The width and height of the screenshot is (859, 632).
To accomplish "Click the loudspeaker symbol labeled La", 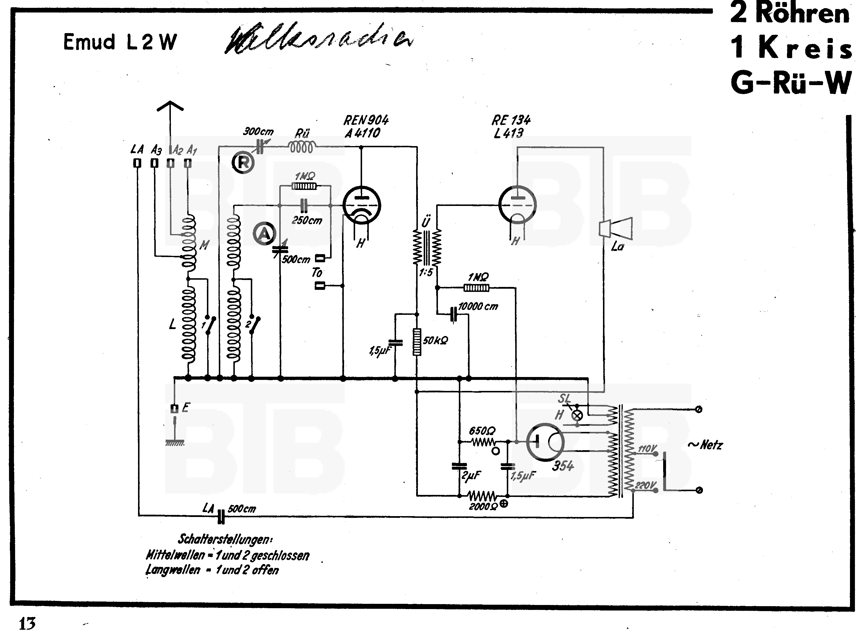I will (x=615, y=228).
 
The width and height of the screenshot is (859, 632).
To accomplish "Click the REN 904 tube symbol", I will (x=362, y=205).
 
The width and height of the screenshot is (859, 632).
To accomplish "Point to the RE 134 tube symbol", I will (x=517, y=205).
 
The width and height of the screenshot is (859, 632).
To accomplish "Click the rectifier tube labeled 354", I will (x=545, y=442).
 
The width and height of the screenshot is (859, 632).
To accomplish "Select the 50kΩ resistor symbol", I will (x=417, y=341).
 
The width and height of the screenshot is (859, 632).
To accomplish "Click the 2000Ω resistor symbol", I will (x=482, y=496).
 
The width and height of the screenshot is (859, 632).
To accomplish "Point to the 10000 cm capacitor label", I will (x=478, y=306).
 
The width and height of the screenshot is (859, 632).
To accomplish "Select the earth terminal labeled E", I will (x=175, y=409).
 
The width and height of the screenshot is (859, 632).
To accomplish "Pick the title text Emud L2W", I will (x=120, y=42).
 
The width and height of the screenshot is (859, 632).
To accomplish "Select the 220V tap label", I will (x=646, y=486).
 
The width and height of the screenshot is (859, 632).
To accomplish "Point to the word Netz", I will (x=711, y=445).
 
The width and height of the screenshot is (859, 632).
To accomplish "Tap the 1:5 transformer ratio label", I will (x=426, y=272).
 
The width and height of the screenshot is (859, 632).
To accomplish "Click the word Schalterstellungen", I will (x=225, y=539).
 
